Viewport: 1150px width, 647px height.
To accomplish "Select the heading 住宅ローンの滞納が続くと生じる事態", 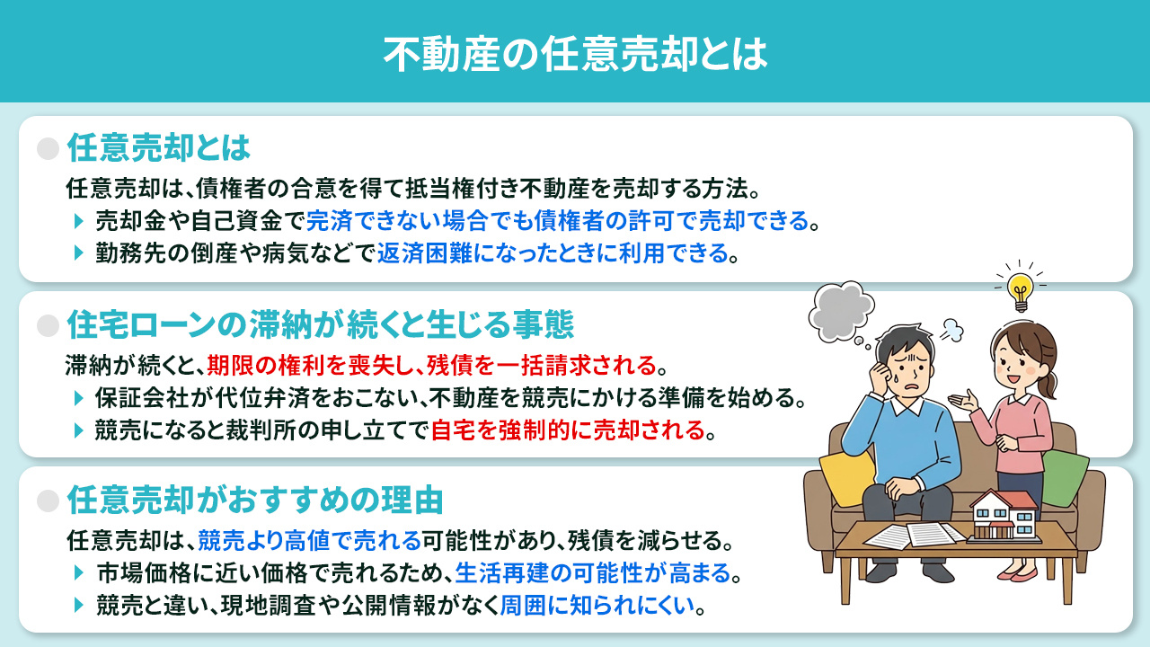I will (320, 323).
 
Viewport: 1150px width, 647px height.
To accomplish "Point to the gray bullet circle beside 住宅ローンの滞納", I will (48, 324).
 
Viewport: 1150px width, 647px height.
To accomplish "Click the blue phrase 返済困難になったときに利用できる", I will (552, 254).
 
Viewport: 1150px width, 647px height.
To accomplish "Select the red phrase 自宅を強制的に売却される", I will (568, 430).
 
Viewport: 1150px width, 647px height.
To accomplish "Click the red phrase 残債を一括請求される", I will (541, 367).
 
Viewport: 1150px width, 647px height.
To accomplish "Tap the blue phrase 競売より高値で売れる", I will (309, 542).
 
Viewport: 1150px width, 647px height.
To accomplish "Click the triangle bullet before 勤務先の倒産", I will (80, 254).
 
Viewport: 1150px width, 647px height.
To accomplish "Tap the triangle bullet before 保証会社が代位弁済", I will (80, 398).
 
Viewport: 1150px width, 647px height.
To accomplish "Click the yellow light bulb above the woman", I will (1019, 288).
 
